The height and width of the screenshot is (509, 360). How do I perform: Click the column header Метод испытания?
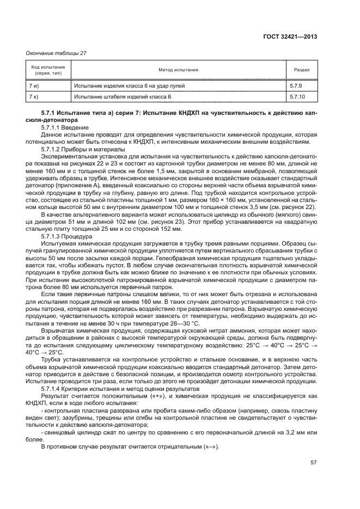[x=178, y=70]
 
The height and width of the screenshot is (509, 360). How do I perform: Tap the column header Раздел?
[x=302, y=70]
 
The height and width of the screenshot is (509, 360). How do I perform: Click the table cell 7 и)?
[x=34, y=86]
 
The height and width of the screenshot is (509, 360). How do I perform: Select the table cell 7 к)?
[x=34, y=96]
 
